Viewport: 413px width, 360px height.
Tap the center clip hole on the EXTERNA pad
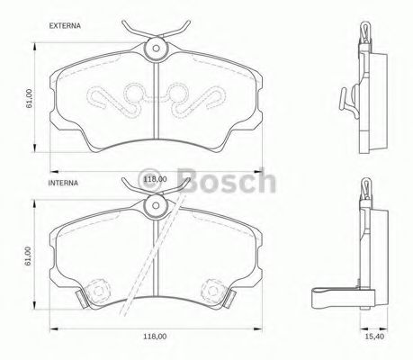(157, 48)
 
